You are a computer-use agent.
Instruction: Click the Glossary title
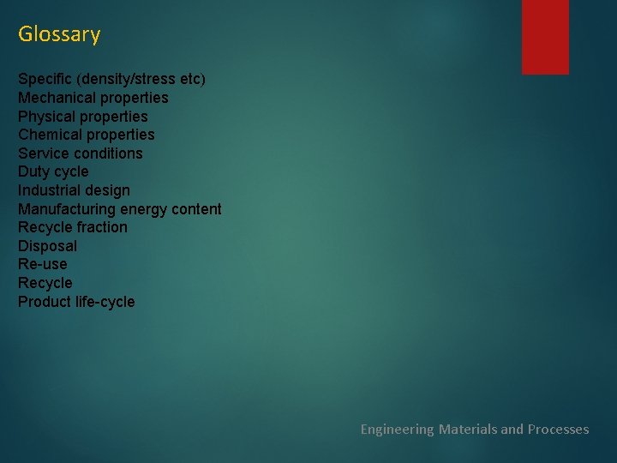coord(59,34)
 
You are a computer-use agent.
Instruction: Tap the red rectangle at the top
coord(545,36)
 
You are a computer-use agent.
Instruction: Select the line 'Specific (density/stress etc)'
coord(111,79)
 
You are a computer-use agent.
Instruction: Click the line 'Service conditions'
coord(81,153)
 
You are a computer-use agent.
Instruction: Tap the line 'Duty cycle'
coord(53,171)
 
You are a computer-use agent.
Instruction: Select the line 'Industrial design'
coord(74,190)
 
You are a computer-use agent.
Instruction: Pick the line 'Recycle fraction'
coord(73,227)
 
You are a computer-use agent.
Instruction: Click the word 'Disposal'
coord(47,246)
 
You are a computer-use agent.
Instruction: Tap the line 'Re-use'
coord(42,264)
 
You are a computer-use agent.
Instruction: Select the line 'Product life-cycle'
coord(76,302)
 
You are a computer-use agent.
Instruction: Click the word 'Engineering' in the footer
coord(397,429)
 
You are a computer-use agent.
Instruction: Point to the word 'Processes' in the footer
coord(558,429)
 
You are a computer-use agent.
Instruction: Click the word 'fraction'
coord(102,227)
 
